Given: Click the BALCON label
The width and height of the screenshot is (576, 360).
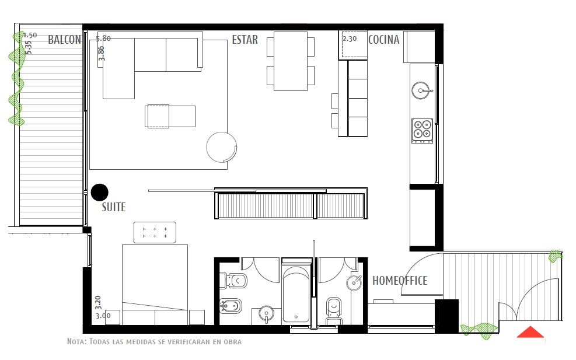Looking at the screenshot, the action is click(x=65, y=39).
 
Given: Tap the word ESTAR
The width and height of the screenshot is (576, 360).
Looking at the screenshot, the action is click(x=245, y=39).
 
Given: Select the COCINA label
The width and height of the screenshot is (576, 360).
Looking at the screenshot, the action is click(x=383, y=39).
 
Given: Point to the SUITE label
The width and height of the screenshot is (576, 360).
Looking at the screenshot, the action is click(x=114, y=207).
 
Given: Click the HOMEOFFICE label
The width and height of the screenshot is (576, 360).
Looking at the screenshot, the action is click(x=400, y=281).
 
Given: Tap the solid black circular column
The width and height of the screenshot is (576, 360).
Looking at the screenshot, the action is click(x=100, y=192).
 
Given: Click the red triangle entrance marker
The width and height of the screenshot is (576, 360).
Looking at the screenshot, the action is click(x=530, y=332).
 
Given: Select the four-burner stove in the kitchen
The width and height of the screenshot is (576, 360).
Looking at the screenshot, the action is click(x=422, y=131).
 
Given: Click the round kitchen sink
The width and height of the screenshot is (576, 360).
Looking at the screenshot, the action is click(x=421, y=90).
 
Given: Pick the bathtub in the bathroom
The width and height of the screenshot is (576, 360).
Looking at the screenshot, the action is click(x=296, y=295).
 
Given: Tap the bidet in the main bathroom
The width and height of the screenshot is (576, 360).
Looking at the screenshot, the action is click(x=231, y=306).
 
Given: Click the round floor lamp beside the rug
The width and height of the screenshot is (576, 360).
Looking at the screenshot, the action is click(x=222, y=147).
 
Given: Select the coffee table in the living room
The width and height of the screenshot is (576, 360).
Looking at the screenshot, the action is click(x=170, y=117).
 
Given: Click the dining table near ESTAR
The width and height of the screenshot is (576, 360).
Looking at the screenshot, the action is click(x=291, y=61).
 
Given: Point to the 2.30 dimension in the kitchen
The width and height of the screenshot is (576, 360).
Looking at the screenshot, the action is click(x=350, y=38).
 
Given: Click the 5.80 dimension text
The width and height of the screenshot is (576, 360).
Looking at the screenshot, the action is click(x=103, y=38).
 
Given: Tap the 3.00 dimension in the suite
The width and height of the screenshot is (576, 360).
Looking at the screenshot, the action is click(x=103, y=316).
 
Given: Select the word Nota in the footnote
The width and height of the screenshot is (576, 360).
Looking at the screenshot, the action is click(x=76, y=341).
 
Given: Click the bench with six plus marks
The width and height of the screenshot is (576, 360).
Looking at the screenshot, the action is click(x=155, y=232).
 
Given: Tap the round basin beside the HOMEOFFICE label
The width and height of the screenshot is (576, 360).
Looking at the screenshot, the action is click(x=354, y=282).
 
